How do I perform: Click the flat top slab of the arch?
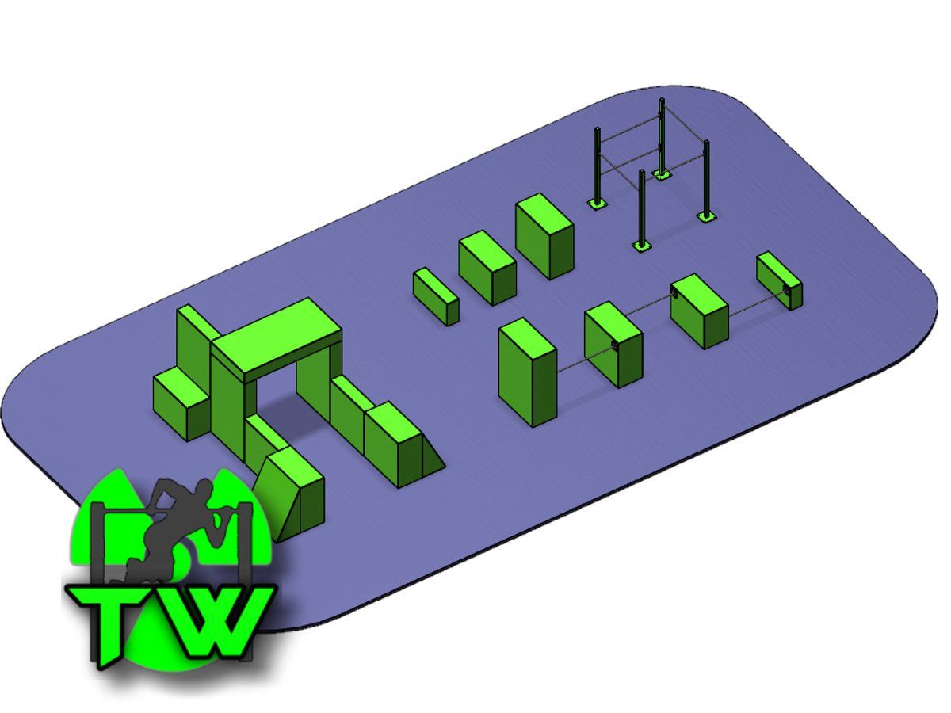click(x=277, y=334)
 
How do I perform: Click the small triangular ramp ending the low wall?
click(x=431, y=459)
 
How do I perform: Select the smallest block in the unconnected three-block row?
click(x=435, y=295)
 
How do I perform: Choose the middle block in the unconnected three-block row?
click(x=487, y=268)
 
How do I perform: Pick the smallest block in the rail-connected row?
click(x=778, y=279)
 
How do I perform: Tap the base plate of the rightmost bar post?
click(x=705, y=215)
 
